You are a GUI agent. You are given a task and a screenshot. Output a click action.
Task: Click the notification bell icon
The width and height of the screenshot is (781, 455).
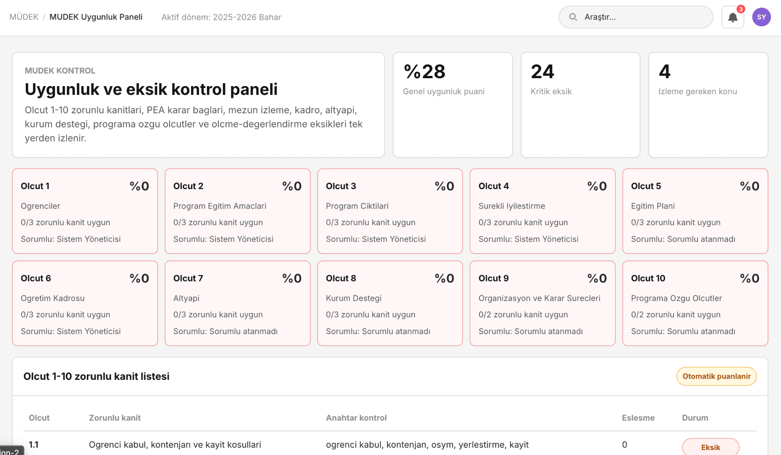(733, 17)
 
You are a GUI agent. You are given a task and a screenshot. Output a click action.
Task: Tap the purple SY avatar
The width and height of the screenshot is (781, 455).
(761, 17)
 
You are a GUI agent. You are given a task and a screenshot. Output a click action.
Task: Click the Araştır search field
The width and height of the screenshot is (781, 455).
(636, 17)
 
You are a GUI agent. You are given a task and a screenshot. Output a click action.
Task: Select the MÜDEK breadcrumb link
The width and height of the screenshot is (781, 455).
(24, 17)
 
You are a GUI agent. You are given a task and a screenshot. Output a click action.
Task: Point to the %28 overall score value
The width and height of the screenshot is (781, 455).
(424, 72)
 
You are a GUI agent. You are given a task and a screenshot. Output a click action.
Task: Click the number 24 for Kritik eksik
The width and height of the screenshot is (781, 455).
(542, 72)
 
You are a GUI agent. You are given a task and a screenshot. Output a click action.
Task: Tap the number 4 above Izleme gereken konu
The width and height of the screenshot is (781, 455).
(665, 72)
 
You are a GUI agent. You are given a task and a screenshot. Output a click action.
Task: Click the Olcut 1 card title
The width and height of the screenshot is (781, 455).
(35, 186)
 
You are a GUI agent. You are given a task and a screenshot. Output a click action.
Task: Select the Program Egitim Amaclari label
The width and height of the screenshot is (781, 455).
(220, 206)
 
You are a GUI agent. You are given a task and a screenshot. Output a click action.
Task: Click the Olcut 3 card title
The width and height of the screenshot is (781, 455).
(341, 186)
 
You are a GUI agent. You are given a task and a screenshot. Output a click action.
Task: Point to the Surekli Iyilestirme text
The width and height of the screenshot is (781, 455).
(512, 206)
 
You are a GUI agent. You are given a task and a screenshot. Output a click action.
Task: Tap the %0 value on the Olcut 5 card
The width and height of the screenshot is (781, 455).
(749, 186)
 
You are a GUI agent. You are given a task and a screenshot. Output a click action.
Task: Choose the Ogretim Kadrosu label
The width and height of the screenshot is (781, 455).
(53, 298)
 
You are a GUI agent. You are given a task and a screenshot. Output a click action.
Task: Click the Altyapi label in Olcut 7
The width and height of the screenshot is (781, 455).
(186, 298)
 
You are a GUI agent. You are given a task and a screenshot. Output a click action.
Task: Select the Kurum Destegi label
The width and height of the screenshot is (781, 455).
(354, 298)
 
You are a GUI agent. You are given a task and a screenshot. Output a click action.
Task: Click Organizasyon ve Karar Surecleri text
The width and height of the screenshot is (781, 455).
(539, 298)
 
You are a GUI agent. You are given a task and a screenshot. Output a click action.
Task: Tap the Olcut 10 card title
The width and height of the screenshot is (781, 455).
(648, 278)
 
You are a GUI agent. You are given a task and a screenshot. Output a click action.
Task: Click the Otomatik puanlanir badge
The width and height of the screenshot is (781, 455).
(717, 376)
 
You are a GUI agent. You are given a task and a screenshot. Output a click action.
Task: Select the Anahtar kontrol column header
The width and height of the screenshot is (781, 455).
(356, 418)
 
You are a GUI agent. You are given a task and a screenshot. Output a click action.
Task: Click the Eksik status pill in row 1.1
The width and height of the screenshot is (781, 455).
(710, 447)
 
